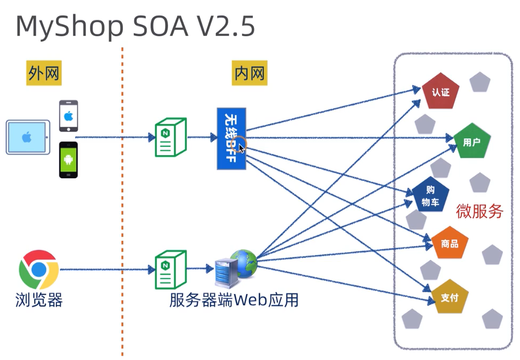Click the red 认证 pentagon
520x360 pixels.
(441, 92)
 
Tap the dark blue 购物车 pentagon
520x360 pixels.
(431, 195)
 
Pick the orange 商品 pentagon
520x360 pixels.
(450, 244)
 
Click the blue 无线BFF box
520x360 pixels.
(232, 138)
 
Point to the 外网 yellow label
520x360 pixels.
(44, 73)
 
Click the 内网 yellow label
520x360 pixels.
(250, 73)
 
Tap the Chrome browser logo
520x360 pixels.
(38, 269)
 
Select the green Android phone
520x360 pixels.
(68, 160)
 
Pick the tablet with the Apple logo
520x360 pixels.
(28, 137)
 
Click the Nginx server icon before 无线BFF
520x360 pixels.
(170, 137)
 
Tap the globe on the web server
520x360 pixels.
(244, 263)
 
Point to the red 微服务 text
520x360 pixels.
(480, 211)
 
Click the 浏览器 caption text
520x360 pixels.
(39, 300)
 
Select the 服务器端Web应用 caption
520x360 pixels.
(234, 300)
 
